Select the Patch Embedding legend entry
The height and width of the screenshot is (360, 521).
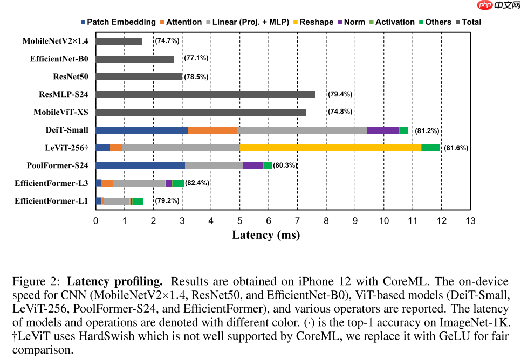(x=118, y=22)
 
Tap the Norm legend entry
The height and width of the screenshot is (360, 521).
(x=351, y=22)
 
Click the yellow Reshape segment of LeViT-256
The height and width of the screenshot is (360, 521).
(x=331, y=148)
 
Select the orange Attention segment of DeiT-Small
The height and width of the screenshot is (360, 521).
(x=212, y=130)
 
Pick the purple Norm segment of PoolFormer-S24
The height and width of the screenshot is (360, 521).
(x=252, y=165)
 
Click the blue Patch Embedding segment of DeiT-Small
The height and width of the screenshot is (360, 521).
(x=142, y=130)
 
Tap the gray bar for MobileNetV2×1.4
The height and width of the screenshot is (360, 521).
(x=119, y=41)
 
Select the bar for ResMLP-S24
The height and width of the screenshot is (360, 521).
(x=205, y=94)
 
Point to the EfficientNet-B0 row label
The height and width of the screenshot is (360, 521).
(x=59, y=59)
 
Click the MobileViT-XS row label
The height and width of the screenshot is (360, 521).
(x=61, y=112)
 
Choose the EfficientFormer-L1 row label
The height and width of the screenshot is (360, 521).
(x=51, y=201)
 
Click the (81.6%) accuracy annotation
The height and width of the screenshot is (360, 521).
(x=456, y=148)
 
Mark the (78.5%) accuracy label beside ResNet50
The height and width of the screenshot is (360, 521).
(x=196, y=77)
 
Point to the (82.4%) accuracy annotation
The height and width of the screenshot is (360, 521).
(x=197, y=183)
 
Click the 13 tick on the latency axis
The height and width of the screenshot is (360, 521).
(x=470, y=220)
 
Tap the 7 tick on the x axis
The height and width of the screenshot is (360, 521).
(x=297, y=220)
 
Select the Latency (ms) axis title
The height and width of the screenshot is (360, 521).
(x=266, y=235)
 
